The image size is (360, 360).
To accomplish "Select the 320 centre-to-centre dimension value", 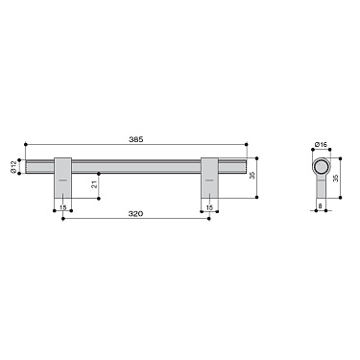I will point(137,213).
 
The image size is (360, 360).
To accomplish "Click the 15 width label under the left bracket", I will point(62,205).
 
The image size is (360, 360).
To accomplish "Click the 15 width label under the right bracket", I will point(209,205).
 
